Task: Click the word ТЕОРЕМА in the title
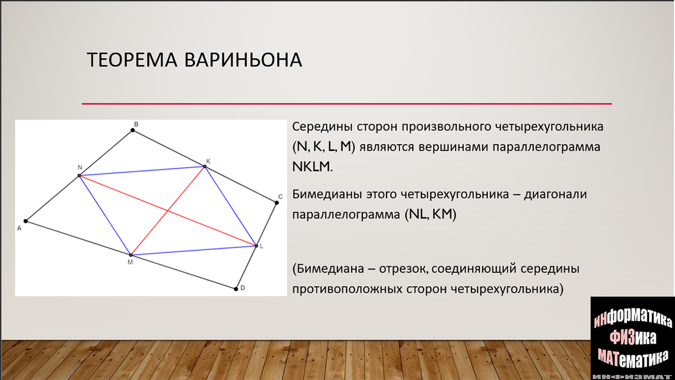132,60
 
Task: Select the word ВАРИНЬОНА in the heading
243,60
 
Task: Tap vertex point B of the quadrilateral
133,130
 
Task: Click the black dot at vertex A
26,221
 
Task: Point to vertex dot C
277,203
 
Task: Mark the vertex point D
236,289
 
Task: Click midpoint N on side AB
79,176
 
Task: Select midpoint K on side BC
205,167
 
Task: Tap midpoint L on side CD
256,246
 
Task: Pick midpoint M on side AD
130,255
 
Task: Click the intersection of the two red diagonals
168,211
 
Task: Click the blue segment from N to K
142,171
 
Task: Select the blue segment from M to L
193,251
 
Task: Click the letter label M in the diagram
130,262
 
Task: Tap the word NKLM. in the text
313,167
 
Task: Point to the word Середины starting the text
322,127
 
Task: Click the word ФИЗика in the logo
633,338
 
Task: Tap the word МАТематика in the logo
633,358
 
